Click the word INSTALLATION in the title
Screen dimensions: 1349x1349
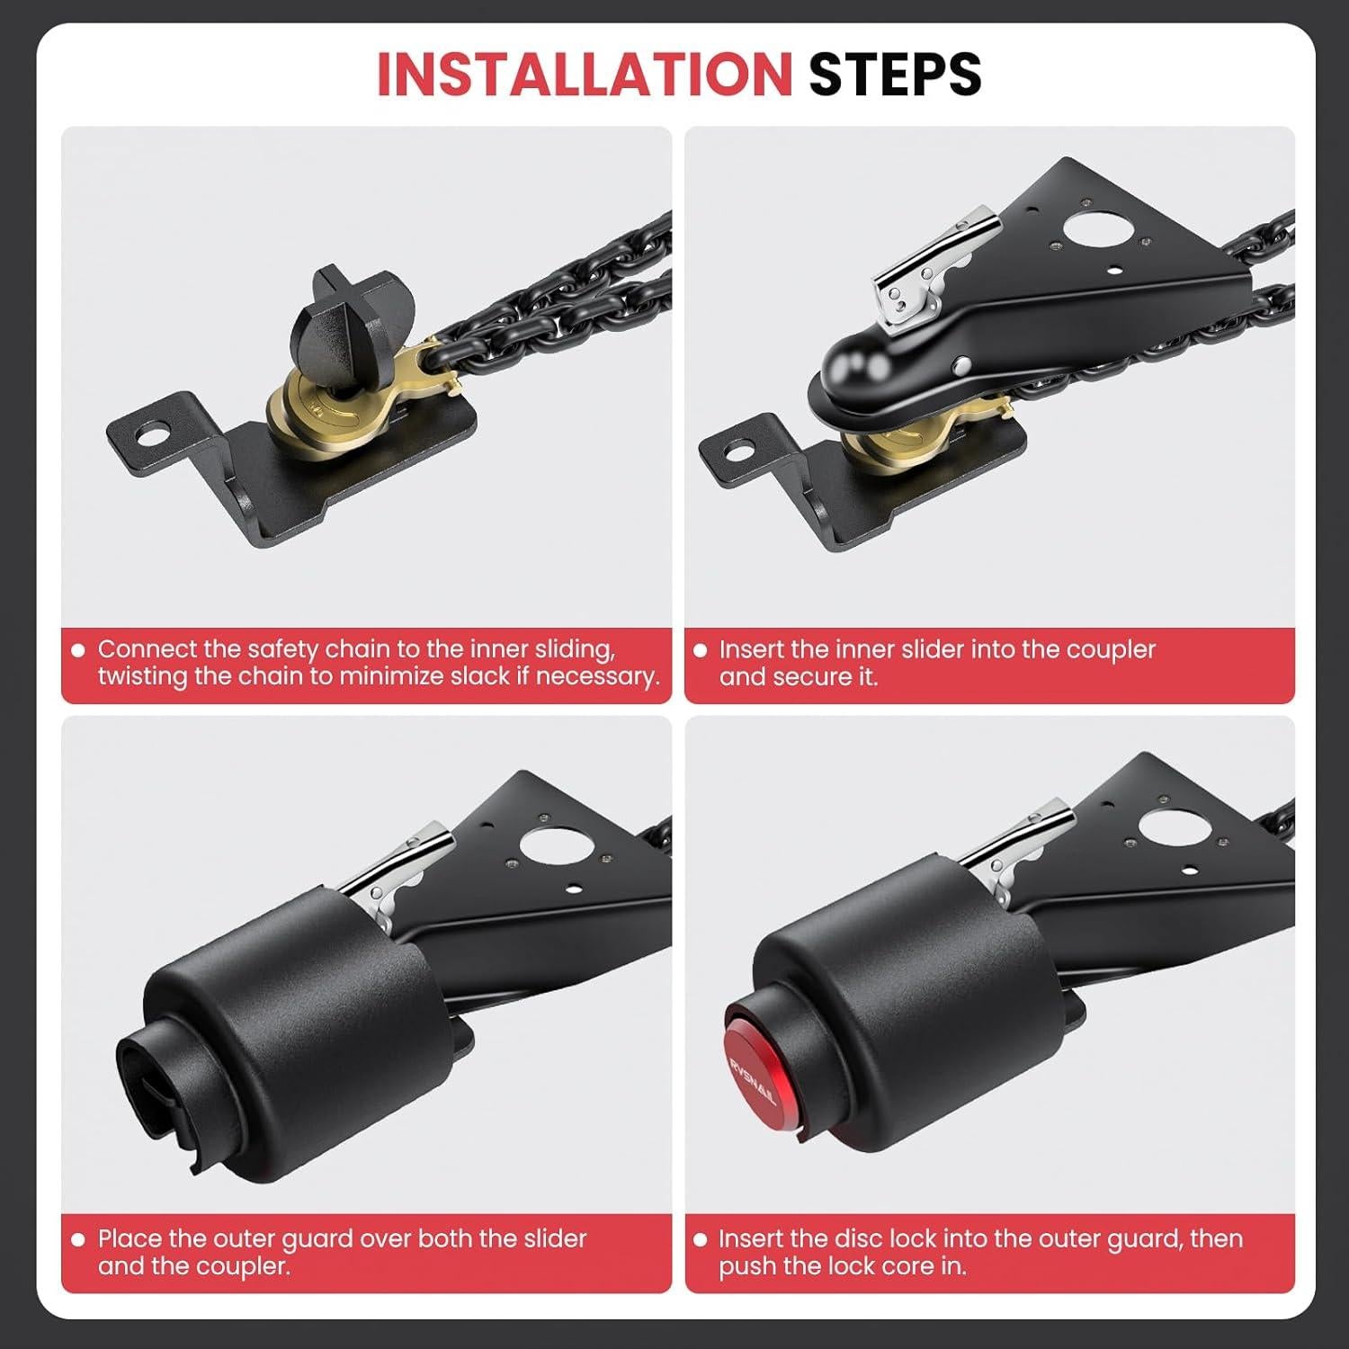click(583, 74)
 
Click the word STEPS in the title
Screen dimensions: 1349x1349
click(894, 74)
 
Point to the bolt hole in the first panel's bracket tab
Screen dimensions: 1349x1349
click(147, 431)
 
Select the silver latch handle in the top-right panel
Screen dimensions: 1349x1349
click(935, 261)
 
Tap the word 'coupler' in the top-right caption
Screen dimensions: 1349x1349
click(1110, 649)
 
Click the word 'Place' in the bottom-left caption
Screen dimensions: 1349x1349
click(130, 1238)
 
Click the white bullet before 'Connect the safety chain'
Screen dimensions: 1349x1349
click(78, 650)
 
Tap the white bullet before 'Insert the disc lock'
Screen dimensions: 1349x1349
click(701, 1239)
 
